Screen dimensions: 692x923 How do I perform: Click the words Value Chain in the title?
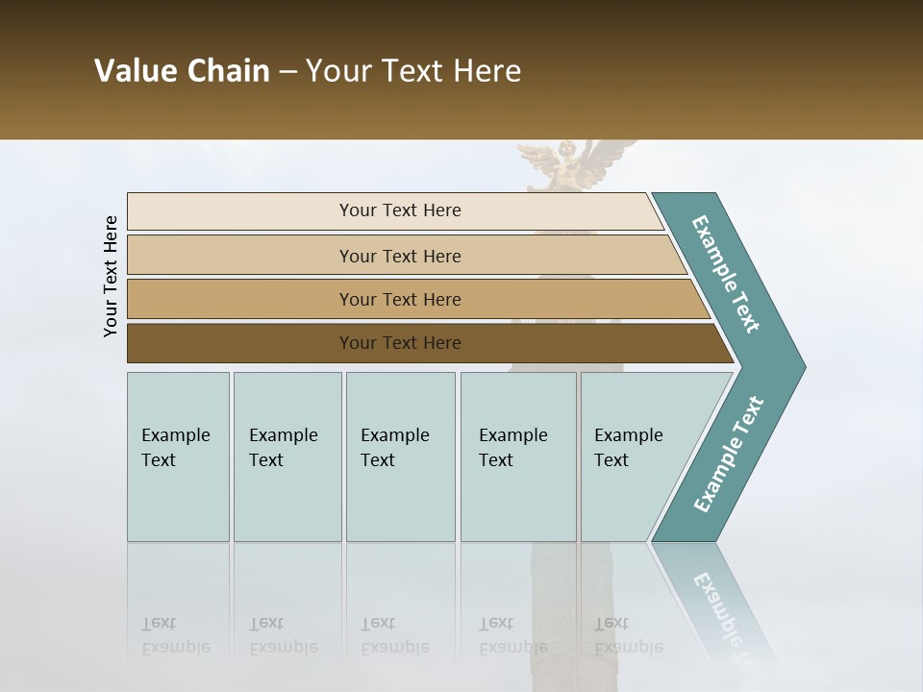182,71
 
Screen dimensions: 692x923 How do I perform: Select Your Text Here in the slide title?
413,71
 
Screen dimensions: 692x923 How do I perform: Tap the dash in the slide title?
287,72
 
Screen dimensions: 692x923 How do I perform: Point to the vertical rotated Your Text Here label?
111,276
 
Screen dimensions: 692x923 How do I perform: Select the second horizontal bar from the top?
399,256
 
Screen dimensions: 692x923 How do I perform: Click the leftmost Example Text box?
178,457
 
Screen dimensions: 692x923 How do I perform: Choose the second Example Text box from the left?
287,457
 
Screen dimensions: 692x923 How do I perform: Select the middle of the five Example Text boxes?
400,457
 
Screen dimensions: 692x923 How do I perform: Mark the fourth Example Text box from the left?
518,457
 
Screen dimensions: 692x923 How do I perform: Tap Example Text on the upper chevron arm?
726,274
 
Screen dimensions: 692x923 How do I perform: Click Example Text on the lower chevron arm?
728,455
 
